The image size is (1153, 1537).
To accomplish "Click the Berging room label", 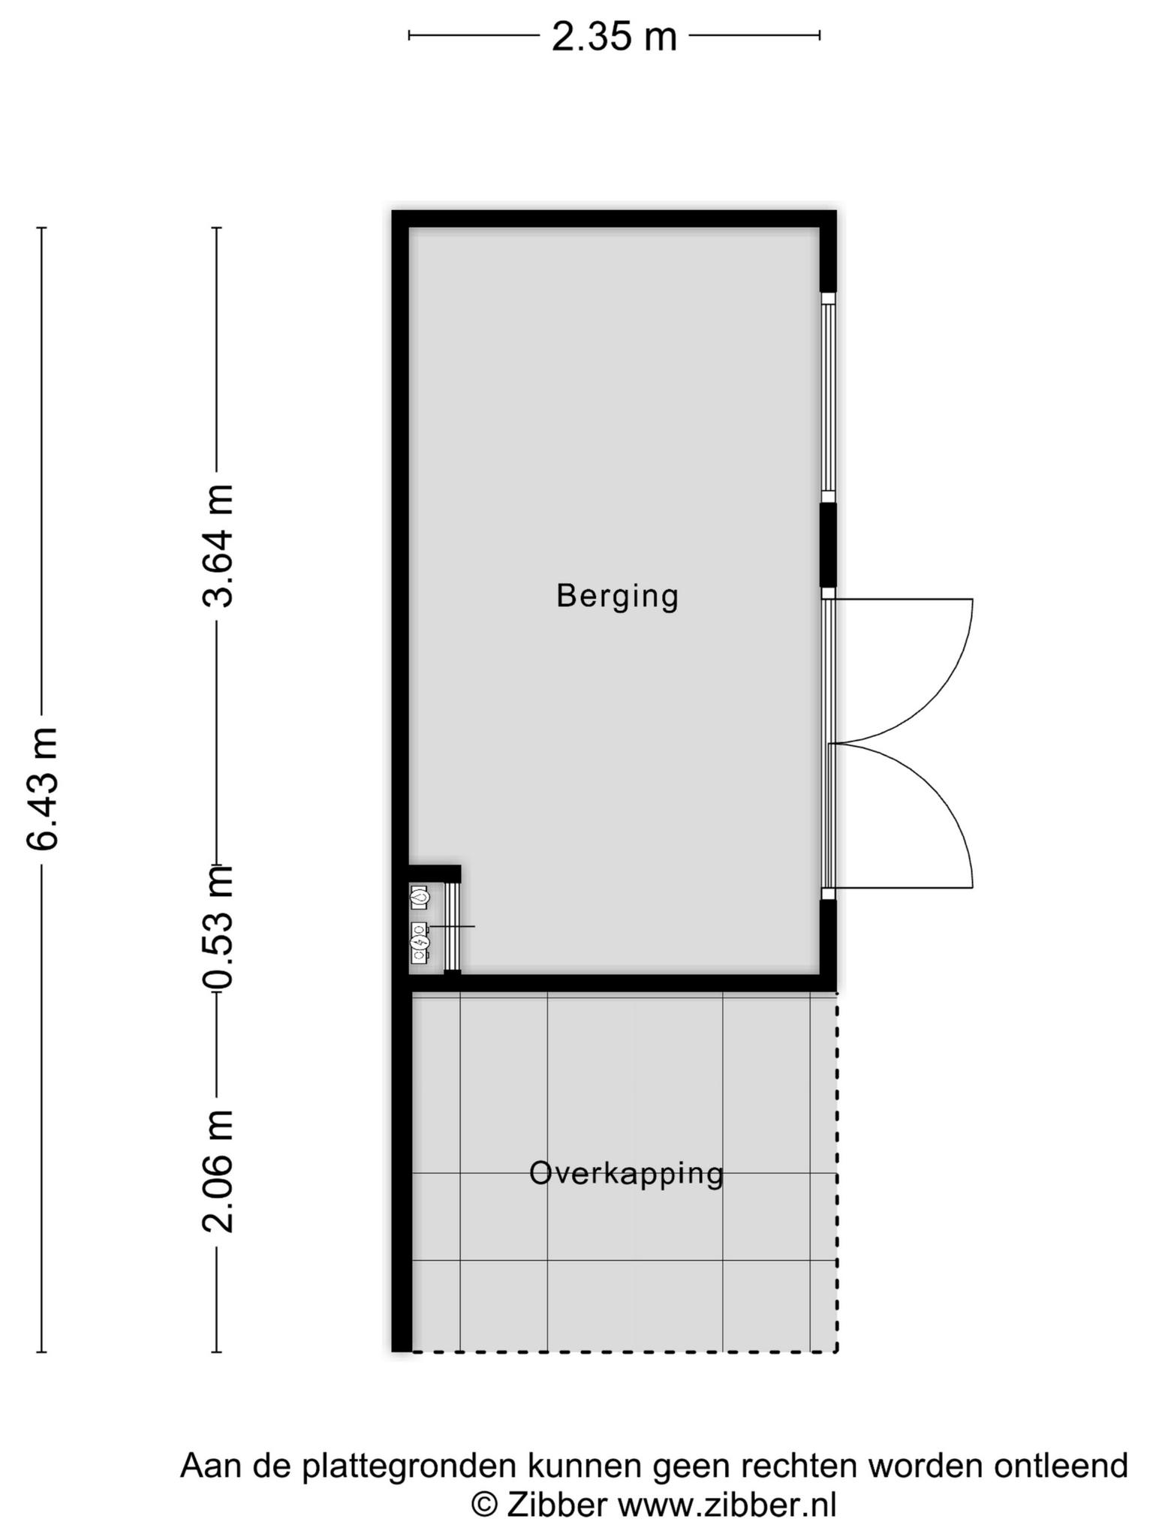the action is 617,597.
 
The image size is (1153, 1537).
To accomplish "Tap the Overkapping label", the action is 626,1175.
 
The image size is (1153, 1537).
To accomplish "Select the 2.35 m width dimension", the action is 614,36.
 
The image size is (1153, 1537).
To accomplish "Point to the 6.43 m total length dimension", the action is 42,788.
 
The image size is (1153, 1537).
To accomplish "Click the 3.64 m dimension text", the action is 218,546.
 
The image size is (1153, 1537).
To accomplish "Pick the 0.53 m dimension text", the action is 218,928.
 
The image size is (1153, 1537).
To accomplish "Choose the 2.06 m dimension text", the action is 218,1172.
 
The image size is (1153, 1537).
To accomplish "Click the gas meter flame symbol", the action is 419,896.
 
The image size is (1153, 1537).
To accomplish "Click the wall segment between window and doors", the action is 828,545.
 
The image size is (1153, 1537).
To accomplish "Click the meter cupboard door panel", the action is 452,927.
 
